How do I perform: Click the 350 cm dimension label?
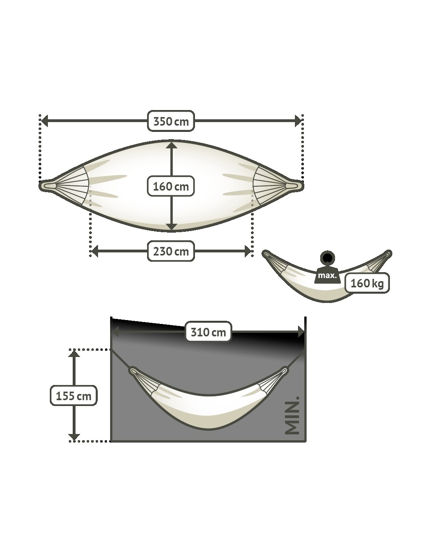pos(171,121)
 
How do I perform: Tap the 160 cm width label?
pos(171,186)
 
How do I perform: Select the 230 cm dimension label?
pos(171,251)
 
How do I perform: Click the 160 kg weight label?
pos(367,283)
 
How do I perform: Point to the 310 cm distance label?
pos(208,332)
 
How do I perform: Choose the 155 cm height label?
pos(74,396)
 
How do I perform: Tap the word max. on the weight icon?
pos(328,275)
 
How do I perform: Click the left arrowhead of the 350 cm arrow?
pos(45,121)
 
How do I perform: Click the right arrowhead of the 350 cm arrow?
pos(298,121)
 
